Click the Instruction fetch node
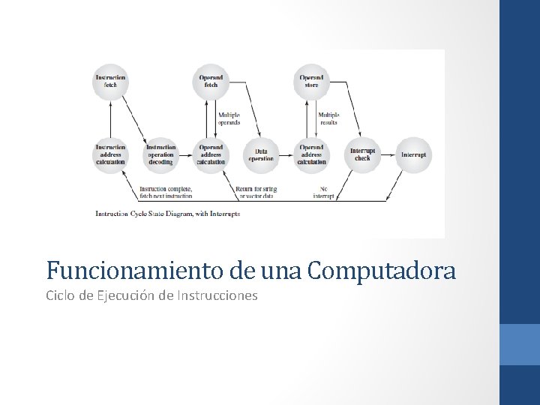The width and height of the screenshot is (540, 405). point(110,81)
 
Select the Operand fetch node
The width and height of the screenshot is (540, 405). point(211,81)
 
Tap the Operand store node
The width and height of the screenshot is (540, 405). point(311,81)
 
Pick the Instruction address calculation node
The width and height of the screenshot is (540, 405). point(110,154)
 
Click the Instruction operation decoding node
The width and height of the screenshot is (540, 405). point(160,154)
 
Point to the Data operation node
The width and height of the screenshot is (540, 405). point(261,154)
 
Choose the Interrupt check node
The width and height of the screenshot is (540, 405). point(362,154)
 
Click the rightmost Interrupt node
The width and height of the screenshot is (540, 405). point(413,154)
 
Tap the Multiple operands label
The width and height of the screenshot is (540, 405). point(229,118)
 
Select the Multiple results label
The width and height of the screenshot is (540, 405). point(328,118)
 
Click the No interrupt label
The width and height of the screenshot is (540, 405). point(323,192)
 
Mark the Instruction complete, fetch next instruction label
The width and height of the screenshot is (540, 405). point(166,192)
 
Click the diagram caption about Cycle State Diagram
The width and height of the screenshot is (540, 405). point(167,214)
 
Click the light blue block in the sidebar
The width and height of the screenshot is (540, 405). point(520,344)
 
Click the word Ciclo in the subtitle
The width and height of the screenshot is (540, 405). point(60,295)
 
